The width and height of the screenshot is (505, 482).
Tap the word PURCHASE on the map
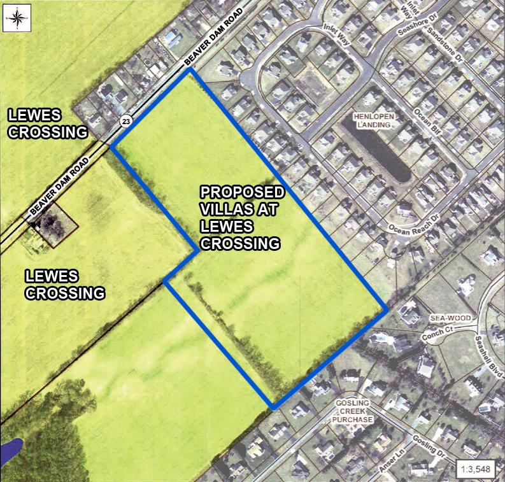click(353, 421)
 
